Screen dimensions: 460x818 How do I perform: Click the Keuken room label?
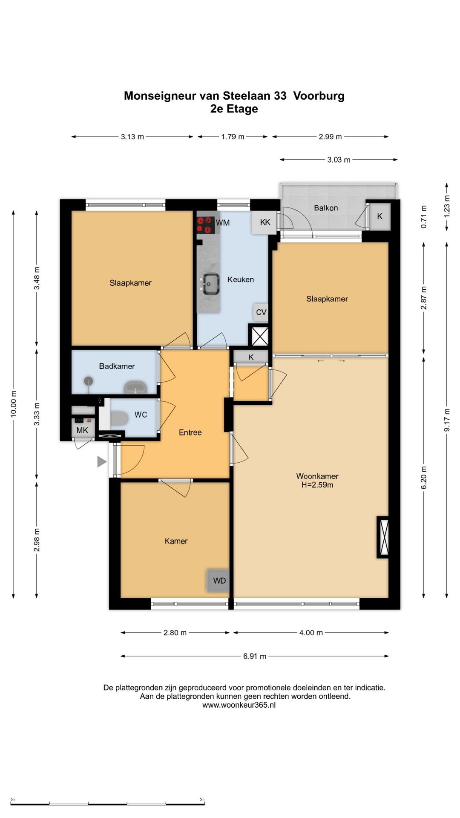pyautogui.click(x=240, y=279)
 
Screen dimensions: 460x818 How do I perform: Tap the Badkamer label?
pyautogui.click(x=117, y=366)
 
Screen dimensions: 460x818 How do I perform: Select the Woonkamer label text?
pyautogui.click(x=317, y=476)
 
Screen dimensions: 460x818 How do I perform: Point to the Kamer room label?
pyautogui.click(x=176, y=541)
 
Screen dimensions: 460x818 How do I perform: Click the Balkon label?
pyautogui.click(x=326, y=208)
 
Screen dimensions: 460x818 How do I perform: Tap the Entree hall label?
pyautogui.click(x=190, y=432)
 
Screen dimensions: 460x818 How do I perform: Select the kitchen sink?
pyautogui.click(x=210, y=284)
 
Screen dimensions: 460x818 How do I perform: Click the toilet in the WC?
pyautogui.click(x=119, y=418)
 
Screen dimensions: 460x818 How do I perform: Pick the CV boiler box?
pyautogui.click(x=261, y=312)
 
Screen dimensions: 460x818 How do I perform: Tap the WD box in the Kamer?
pyautogui.click(x=218, y=580)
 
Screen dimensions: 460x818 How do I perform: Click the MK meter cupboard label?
pyautogui.click(x=82, y=430)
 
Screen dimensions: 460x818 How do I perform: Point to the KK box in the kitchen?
pyautogui.click(x=264, y=222)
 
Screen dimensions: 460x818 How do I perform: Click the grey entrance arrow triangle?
pyautogui.click(x=102, y=461)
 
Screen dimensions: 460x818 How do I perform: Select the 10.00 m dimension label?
pyautogui.click(x=14, y=403)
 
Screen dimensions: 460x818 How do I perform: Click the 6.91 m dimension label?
pyautogui.click(x=255, y=656)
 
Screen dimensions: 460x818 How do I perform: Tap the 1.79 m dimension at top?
pyautogui.click(x=233, y=137)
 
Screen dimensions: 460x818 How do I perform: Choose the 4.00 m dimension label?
pyautogui.click(x=311, y=633)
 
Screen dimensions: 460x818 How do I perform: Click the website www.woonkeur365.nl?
pyautogui.click(x=239, y=705)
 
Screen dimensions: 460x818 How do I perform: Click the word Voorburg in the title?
pyautogui.click(x=319, y=96)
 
